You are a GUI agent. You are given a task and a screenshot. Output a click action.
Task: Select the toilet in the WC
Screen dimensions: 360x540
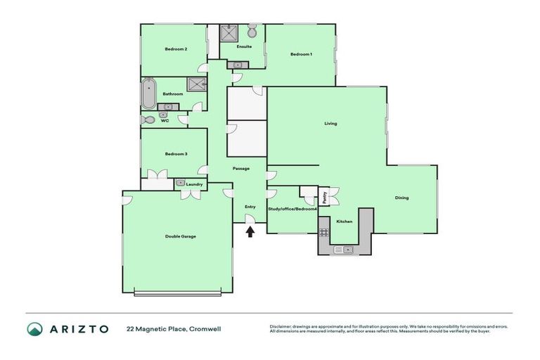[146, 120]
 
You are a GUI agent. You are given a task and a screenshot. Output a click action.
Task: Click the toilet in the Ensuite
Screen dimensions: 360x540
[252, 31]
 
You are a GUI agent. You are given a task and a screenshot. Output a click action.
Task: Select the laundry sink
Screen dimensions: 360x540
[181, 183]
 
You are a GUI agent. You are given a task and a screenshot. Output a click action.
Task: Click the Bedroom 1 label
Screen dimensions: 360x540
[301, 54]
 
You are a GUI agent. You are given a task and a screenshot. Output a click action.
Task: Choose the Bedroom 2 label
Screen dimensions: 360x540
[175, 49]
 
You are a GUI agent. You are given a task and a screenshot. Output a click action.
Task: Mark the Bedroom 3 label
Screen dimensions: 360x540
[175, 153]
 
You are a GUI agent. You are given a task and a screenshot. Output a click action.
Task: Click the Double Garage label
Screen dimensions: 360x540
[180, 236]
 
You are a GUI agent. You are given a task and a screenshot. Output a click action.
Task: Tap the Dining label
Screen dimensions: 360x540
[401, 198]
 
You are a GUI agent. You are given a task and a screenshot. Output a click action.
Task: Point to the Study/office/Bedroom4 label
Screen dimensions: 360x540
[292, 209]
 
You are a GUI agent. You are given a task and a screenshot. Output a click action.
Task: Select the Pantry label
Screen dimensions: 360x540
[325, 197]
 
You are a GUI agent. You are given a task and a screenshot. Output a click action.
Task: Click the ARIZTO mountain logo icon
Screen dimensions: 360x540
[35, 329]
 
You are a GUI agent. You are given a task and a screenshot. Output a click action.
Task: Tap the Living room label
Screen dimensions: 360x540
[330, 124]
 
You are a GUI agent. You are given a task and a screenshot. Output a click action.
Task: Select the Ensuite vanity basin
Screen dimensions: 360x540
[238, 65]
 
